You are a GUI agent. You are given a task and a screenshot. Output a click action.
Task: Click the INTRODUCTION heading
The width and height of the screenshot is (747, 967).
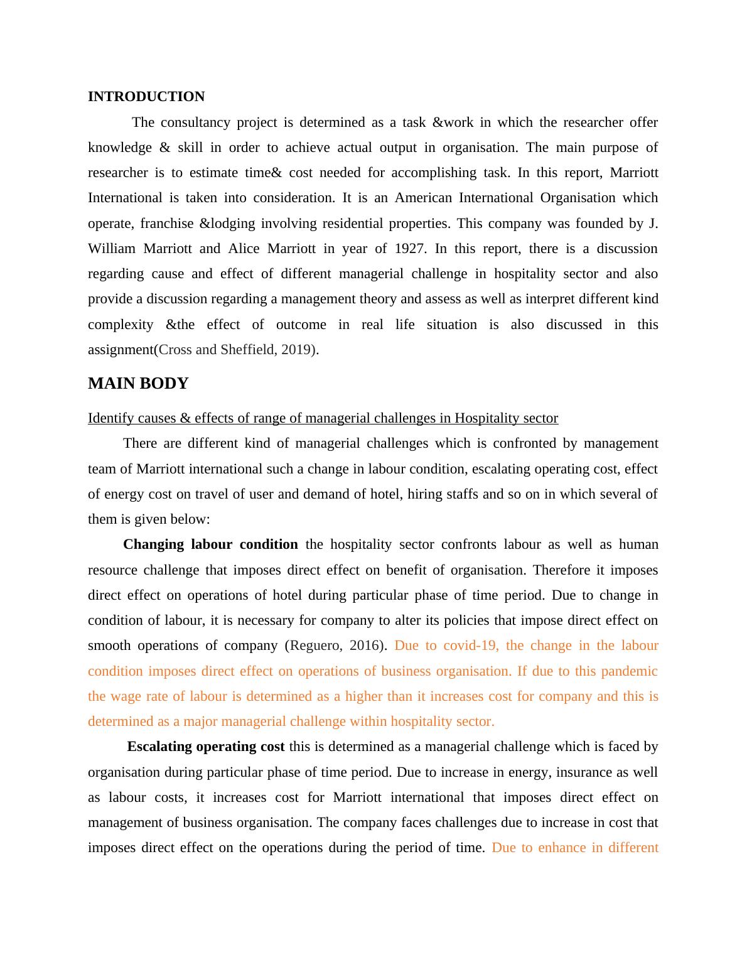(146, 97)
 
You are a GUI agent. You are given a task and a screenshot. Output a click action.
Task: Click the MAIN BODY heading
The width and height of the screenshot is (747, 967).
(138, 384)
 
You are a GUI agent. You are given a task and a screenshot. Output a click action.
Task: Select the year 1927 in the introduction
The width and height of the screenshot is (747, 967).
(410, 249)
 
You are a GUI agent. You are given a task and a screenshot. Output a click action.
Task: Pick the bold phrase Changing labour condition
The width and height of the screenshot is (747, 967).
(210, 544)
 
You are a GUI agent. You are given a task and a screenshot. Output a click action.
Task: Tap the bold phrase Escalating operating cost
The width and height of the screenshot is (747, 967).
(205, 747)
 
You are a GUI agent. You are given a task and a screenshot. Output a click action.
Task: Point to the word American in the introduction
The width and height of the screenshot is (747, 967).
(423, 198)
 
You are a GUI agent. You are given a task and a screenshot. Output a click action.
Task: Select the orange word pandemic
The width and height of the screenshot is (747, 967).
(629, 671)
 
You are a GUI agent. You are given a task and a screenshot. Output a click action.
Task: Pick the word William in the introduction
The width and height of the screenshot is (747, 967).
(112, 249)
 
